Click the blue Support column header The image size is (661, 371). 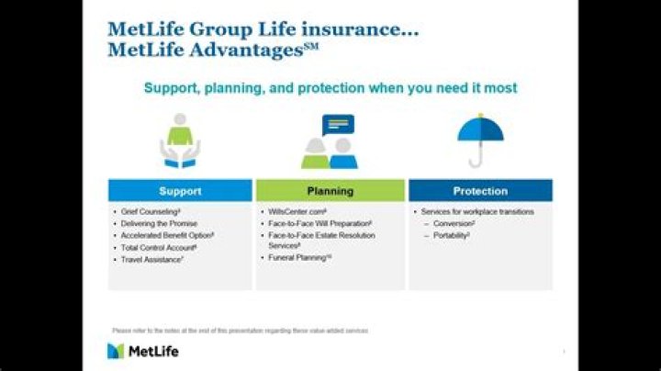click(x=180, y=191)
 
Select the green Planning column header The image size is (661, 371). click(x=330, y=191)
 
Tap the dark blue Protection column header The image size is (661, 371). click(x=480, y=191)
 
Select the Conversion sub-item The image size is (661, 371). click(x=455, y=224)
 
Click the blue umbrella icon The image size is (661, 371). click(x=480, y=139)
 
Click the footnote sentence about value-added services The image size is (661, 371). click(x=240, y=330)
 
